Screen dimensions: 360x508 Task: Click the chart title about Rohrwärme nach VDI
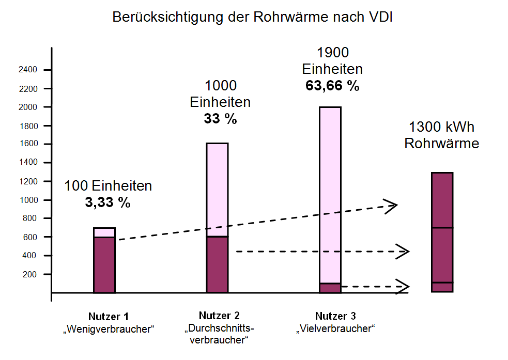pos(253,17)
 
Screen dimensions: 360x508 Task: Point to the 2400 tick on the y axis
pos(29,70)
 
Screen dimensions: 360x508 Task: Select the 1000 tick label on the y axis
pos(29,200)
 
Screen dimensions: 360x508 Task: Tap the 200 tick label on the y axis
pos(32,274)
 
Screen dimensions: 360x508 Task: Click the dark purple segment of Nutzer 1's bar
pos(104,264)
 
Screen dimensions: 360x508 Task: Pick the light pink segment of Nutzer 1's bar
pos(104,232)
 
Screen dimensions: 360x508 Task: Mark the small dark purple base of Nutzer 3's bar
pos(330,288)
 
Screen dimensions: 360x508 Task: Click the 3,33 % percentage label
pos(108,202)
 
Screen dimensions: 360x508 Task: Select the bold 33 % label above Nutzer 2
pos(221,119)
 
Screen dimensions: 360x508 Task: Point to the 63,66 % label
pos(332,86)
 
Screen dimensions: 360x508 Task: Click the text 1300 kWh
pos(441,127)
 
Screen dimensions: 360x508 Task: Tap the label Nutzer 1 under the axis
pos(108,316)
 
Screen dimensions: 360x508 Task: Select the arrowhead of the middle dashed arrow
pos(404,252)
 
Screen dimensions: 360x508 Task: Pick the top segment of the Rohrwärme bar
pos(442,200)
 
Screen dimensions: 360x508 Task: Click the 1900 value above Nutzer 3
pos(332,53)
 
